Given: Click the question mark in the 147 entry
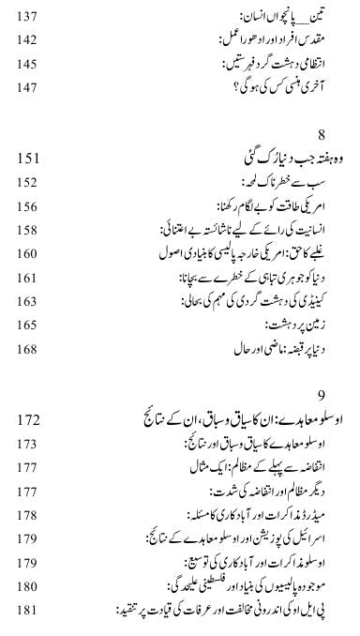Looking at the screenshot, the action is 205,90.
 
